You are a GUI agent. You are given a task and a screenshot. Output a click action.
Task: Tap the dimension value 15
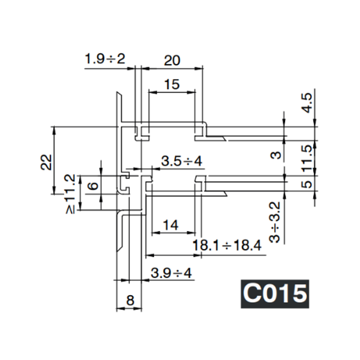click(172, 85)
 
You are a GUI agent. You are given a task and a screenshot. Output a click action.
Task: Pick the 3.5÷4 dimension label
click(182, 161)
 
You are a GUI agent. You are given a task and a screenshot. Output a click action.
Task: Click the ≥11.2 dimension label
click(70, 193)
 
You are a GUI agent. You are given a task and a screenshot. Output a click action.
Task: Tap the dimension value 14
click(170, 225)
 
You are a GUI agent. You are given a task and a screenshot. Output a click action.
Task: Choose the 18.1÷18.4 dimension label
click(226, 245)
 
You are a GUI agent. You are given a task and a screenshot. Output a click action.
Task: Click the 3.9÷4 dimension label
click(171, 274)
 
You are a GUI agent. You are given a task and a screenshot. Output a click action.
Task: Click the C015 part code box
click(275, 294)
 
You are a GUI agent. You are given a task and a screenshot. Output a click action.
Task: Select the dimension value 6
click(92, 186)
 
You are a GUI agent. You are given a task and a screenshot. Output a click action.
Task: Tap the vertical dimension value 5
click(307, 185)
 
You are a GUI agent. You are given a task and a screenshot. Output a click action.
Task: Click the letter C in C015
click(251, 294)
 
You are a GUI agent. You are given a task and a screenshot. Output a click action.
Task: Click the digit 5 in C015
click(299, 294)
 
